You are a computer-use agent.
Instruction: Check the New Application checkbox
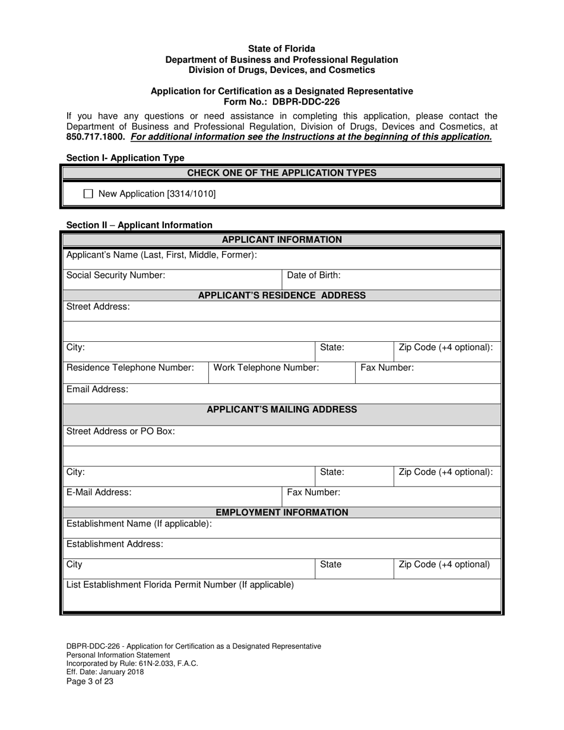click(x=88, y=193)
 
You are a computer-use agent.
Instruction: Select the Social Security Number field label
click(x=116, y=275)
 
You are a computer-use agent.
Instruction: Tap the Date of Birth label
click(x=313, y=275)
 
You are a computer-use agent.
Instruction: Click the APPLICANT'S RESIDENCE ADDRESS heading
click(x=281, y=295)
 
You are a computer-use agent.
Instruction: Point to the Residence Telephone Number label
click(x=130, y=367)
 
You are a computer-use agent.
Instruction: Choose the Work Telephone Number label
click(x=266, y=367)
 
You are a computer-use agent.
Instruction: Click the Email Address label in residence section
click(x=97, y=389)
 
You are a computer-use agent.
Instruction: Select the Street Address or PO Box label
click(x=121, y=431)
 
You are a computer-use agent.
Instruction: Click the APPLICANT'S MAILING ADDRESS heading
click(x=281, y=410)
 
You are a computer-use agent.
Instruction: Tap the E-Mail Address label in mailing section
click(x=99, y=492)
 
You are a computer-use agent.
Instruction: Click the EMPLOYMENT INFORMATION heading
click(x=281, y=512)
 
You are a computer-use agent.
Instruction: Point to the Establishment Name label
click(x=139, y=523)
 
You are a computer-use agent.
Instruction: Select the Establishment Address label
click(x=115, y=544)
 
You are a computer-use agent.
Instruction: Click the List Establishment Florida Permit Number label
click(x=180, y=585)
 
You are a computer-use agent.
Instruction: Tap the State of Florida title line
click(x=281, y=49)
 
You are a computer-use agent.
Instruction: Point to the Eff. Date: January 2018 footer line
click(x=105, y=672)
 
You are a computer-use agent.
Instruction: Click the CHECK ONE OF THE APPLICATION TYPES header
click(x=281, y=173)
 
